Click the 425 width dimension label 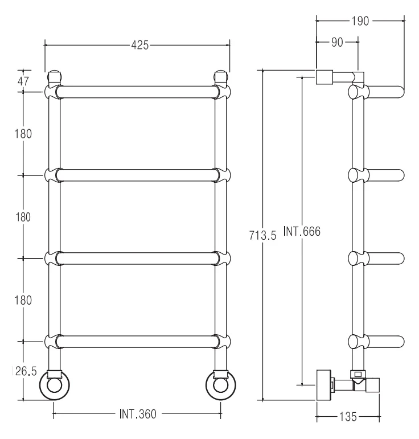140,45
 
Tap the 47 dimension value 23,81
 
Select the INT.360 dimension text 138,414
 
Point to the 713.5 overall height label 262,236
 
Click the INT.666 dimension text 302,231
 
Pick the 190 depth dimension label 360,21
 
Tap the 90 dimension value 337,42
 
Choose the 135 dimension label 348,417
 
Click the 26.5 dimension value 26,371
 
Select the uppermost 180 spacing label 23,134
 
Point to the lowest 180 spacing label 23,301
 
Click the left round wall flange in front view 54,385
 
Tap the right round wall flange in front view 220,385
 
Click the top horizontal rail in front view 137,92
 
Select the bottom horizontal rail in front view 137,342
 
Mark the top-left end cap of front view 54,76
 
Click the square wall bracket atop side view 324,77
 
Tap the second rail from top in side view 376,175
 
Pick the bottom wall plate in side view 324,385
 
